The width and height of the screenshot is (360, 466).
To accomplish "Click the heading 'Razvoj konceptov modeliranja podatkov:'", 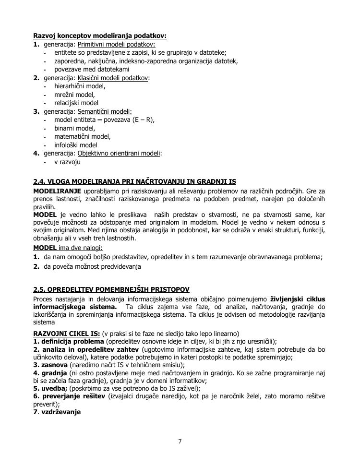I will [x=100, y=36].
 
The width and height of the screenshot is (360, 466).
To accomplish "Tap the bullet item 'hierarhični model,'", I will [x=80, y=86].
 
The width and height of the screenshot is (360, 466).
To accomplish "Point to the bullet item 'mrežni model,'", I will [x=74, y=95].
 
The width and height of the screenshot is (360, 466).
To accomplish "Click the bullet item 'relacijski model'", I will [x=76, y=103].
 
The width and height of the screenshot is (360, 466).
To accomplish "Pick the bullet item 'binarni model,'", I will [x=75, y=128].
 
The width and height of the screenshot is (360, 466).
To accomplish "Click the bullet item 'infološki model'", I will [x=76, y=145].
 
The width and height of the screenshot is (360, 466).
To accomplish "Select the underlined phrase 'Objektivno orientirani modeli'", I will [x=119, y=153].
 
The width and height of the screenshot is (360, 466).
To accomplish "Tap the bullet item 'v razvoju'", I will [x=67, y=162].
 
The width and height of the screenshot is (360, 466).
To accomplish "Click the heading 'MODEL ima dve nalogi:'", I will [x=68, y=248].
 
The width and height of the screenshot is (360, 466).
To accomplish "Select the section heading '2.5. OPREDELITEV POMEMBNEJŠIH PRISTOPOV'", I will [x=111, y=289].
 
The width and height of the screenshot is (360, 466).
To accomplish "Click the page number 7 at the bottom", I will [x=180, y=442].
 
